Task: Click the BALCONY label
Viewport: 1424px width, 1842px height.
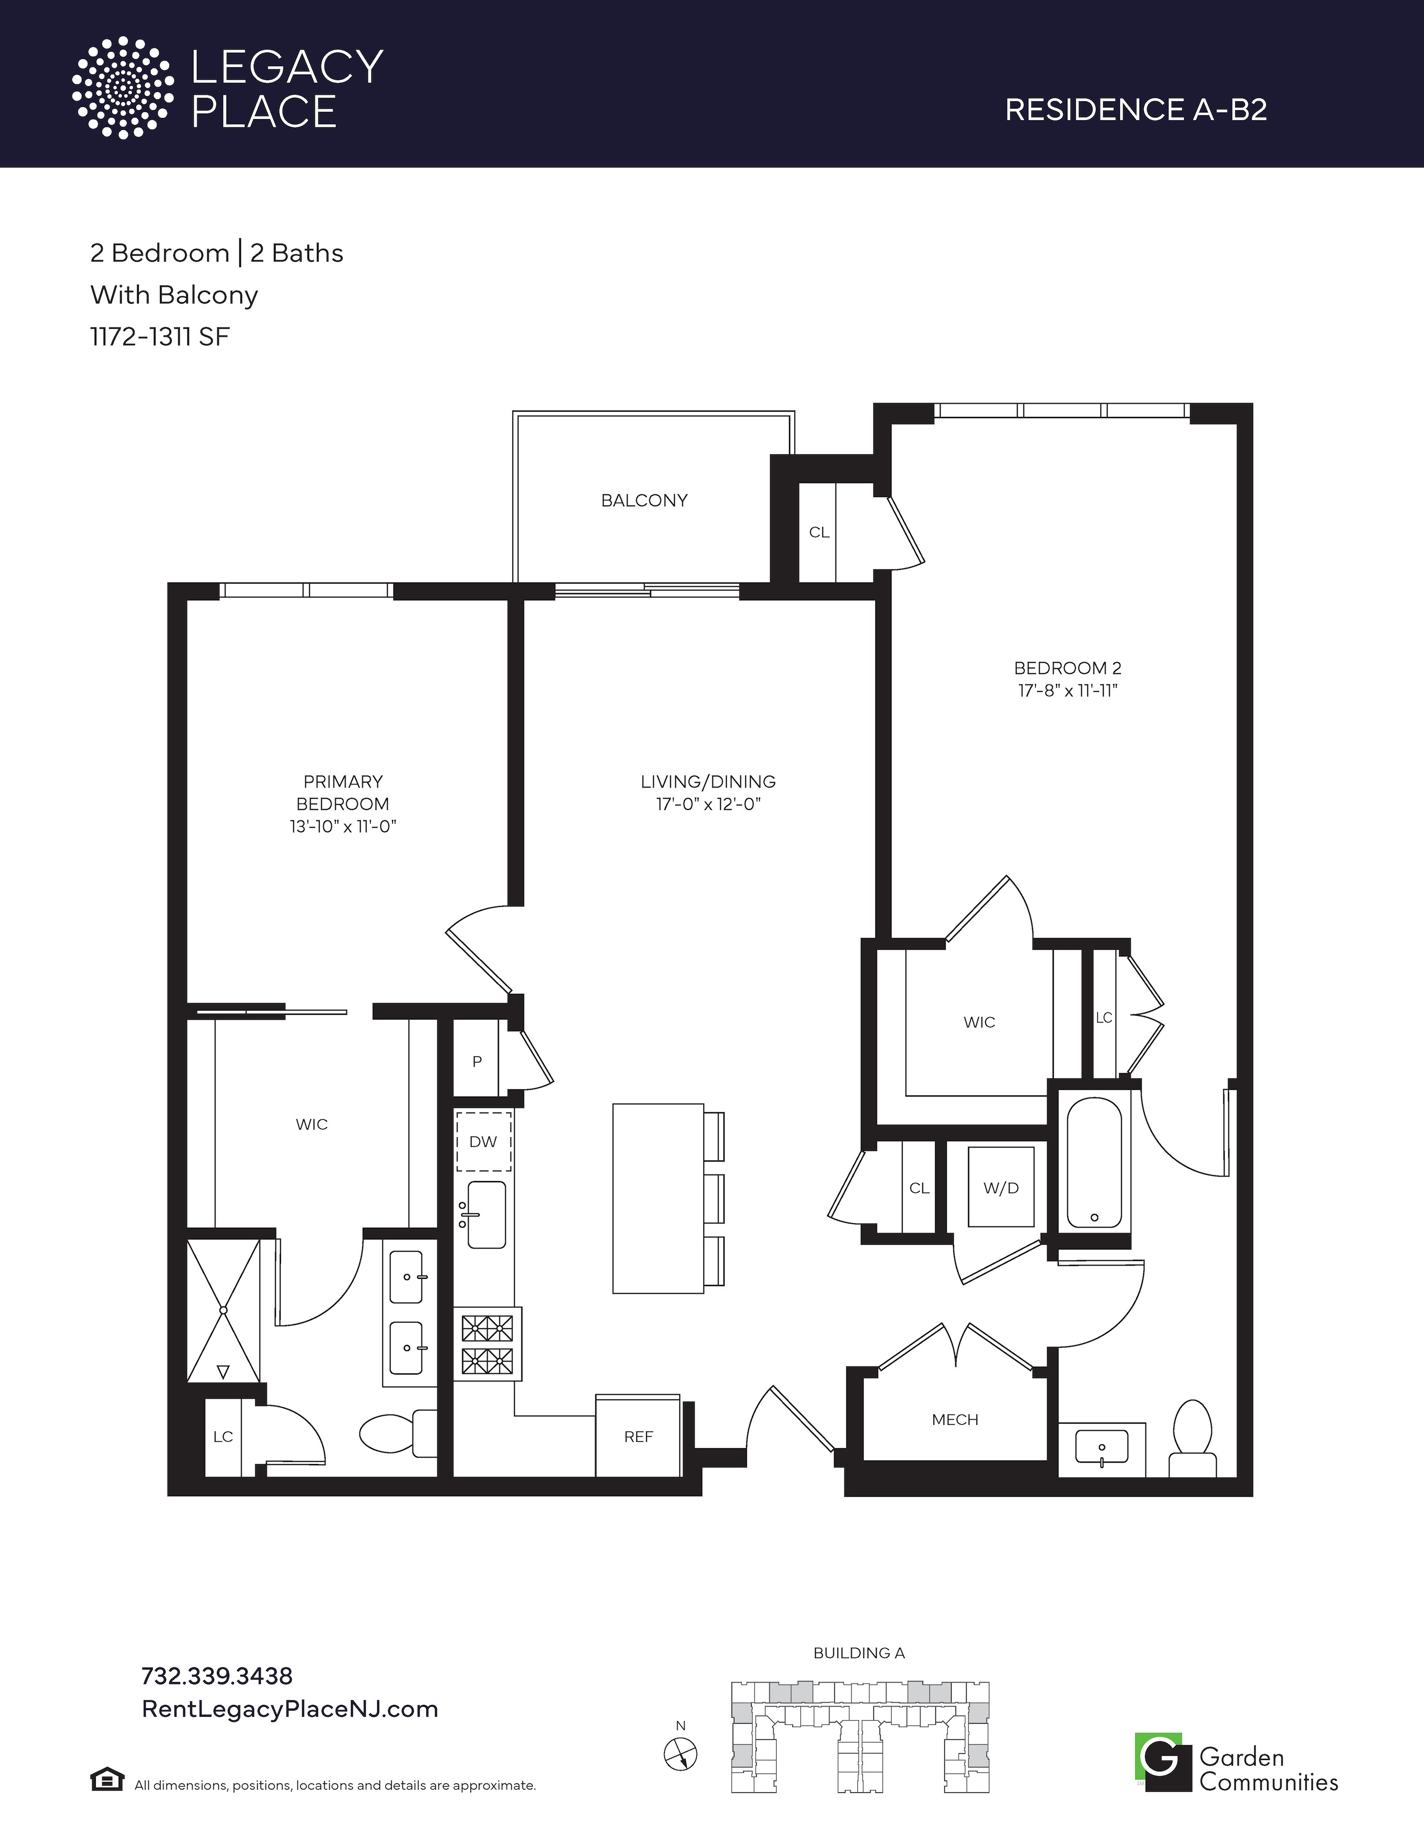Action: pyautogui.click(x=644, y=500)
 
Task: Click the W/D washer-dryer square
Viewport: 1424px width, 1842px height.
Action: pyautogui.click(x=1001, y=1187)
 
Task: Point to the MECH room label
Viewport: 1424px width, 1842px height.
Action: pyautogui.click(x=955, y=1419)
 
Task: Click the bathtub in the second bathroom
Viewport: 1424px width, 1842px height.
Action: pyautogui.click(x=1094, y=1164)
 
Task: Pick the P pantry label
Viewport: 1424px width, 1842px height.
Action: pyautogui.click(x=477, y=1062)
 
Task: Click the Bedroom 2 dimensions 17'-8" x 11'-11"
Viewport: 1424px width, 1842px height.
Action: pyautogui.click(x=1067, y=691)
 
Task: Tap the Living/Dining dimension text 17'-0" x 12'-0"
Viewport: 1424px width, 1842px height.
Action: pyautogui.click(x=709, y=804)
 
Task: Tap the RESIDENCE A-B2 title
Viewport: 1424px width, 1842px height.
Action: pyautogui.click(x=1135, y=109)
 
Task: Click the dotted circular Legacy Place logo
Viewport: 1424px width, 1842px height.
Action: pyautogui.click(x=122, y=87)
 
